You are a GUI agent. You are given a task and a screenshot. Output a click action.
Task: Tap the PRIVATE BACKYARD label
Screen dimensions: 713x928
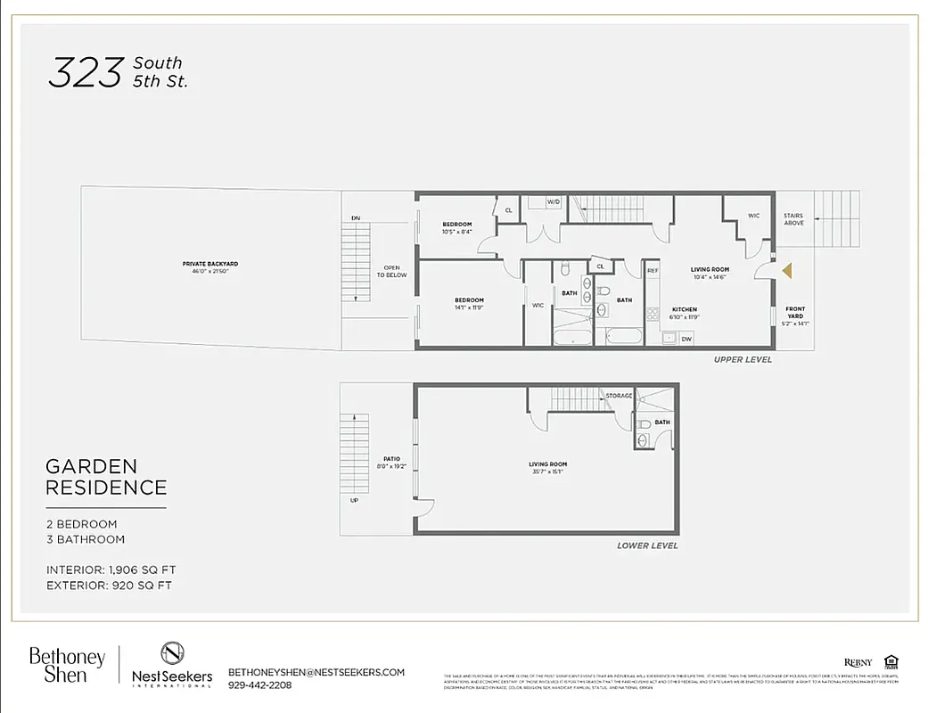[210, 264]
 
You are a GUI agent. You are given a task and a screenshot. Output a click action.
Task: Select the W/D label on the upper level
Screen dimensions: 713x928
[553, 201]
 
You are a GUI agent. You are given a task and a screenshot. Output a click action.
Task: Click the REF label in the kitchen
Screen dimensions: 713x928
[653, 270]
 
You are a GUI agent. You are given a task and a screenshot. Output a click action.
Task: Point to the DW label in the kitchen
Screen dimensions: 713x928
[686, 339]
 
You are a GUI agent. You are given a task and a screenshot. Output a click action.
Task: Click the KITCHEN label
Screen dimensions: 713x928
[685, 309]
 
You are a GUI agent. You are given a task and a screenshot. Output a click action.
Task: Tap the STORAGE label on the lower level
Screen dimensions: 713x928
[619, 396]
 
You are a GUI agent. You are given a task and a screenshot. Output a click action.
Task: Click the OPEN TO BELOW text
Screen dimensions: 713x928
[392, 271]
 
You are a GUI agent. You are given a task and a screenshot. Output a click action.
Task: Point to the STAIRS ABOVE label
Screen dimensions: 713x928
[793, 218]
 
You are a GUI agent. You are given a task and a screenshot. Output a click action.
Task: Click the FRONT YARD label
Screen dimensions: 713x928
[794, 313]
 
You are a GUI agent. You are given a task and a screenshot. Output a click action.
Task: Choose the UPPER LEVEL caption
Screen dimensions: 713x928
[743, 359]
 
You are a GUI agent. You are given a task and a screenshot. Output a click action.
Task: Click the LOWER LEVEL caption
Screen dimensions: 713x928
[647, 545]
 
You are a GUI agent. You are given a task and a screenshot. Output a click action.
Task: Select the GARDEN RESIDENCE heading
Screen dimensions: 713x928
[106, 477]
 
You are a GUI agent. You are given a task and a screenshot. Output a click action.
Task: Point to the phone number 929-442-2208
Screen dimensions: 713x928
[259, 685]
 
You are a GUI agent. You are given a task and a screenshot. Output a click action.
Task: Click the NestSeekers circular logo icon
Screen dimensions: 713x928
[172, 653]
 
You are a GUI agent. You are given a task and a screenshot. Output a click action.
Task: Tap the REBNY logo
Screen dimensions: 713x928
[858, 662]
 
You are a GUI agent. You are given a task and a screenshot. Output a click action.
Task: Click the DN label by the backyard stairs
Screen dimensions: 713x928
[356, 218]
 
